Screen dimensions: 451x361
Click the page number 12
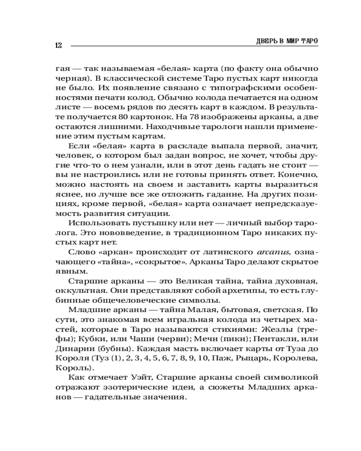(58, 45)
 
